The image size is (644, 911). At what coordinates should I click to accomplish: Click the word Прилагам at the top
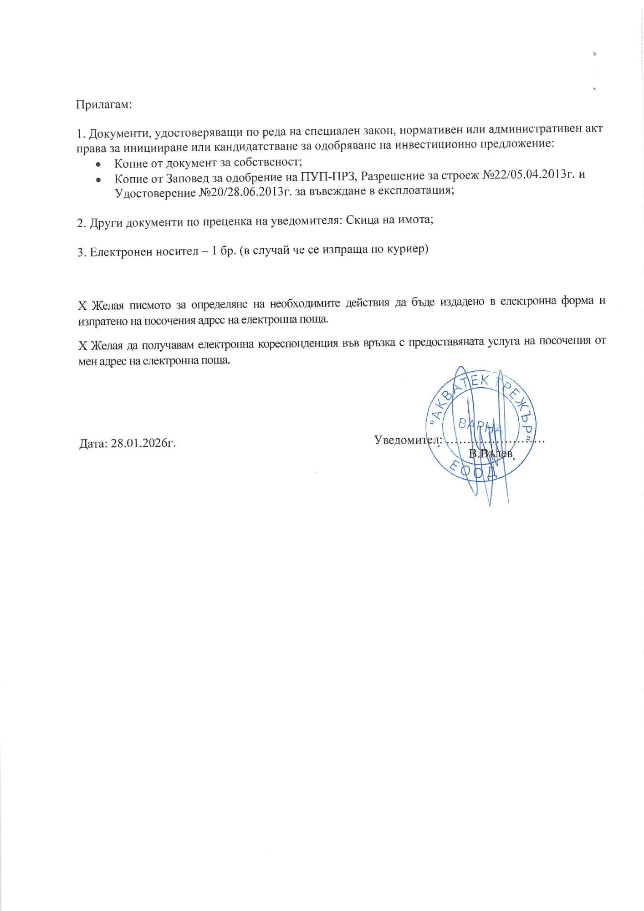pyautogui.click(x=103, y=104)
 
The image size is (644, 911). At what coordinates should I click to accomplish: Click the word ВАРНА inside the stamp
pyautogui.click(x=480, y=426)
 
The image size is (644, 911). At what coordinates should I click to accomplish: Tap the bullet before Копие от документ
pyautogui.click(x=98, y=164)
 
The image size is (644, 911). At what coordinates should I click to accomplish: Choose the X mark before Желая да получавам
pyautogui.click(x=82, y=346)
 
